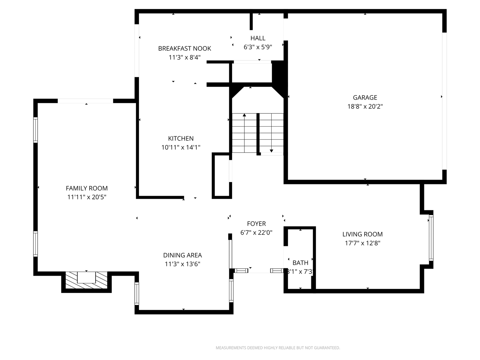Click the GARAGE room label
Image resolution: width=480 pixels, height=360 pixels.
[x=365, y=98]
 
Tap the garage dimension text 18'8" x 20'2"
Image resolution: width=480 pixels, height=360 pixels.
[x=365, y=107]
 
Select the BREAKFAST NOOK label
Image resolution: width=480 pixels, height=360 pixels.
[x=184, y=49]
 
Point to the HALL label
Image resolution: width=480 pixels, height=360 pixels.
[x=258, y=38]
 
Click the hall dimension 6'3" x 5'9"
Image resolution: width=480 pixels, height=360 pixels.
[x=258, y=47]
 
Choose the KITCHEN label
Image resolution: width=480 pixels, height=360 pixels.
[x=181, y=139]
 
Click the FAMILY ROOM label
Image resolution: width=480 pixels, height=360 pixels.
[x=87, y=188]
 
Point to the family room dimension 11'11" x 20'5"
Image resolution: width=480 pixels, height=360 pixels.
[x=87, y=197]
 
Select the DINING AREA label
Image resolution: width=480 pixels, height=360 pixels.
[x=182, y=255]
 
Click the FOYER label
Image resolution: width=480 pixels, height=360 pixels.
[x=256, y=224]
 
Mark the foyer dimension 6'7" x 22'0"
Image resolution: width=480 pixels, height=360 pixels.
[x=256, y=233]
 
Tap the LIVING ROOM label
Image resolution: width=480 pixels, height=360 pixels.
[x=362, y=234]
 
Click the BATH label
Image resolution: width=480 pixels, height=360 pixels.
[x=300, y=263]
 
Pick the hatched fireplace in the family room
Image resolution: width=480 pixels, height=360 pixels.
[x=86, y=280]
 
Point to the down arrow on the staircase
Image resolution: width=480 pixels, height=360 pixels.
[x=271, y=150]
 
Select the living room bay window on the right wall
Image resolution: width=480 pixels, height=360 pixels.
[x=431, y=238]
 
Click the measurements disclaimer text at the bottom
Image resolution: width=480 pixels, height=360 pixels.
[x=278, y=348]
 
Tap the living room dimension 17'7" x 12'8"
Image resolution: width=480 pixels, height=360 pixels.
[x=362, y=243]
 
